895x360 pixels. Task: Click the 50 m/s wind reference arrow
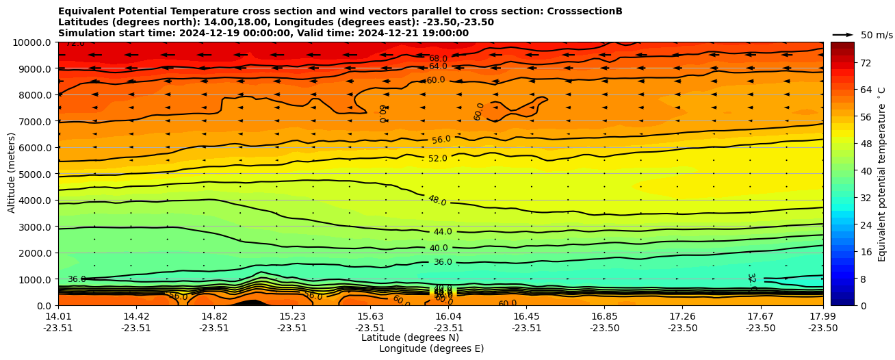point(843,34)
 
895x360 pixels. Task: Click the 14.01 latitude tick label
point(58,316)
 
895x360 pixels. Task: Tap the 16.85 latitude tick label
point(605,316)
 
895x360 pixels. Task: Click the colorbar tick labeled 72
point(846,63)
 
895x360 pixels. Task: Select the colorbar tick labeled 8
point(843,279)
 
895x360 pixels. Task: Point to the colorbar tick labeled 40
point(846,171)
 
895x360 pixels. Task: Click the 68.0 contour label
point(438,59)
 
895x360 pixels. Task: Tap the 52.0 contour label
point(438,159)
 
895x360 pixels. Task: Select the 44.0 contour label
point(443,232)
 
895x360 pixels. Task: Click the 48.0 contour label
point(437,201)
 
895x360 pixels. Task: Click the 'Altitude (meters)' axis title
point(12,173)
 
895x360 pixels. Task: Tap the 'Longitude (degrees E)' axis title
point(431,348)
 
